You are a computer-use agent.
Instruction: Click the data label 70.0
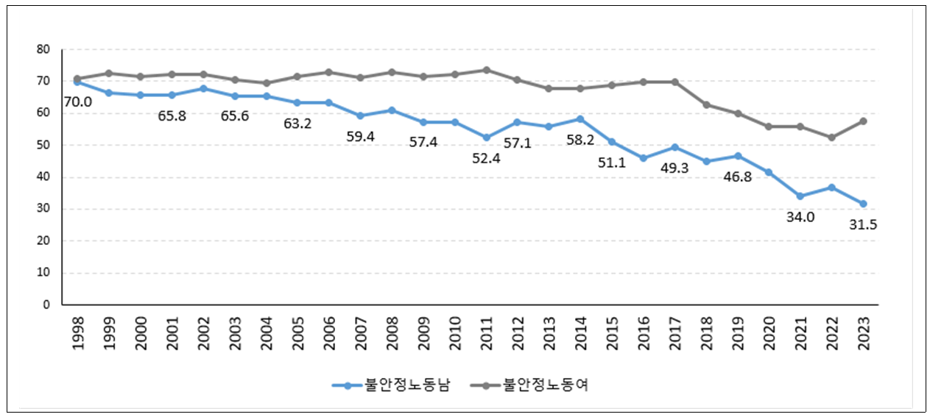tap(77, 102)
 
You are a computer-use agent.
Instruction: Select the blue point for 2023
tap(864, 204)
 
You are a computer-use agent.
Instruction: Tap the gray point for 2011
tap(486, 70)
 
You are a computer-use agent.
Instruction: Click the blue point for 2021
tap(800, 196)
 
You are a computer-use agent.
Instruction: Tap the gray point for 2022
tap(832, 138)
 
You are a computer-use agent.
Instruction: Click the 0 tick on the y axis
tap(46, 304)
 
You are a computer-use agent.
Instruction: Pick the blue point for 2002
tap(203, 88)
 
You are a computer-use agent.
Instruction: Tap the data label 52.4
tap(486, 158)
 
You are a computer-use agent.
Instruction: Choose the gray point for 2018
tap(706, 104)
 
